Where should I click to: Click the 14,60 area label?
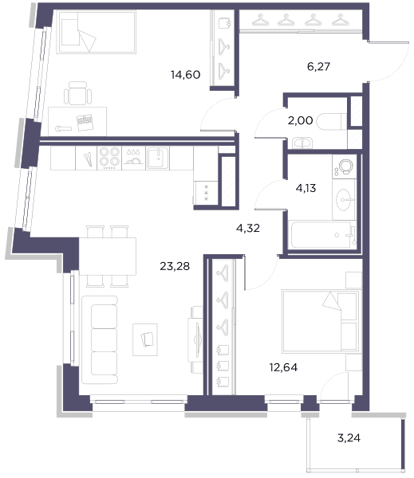[x=185, y=75]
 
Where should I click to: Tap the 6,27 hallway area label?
[x=318, y=66]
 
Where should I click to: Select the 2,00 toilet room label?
[x=300, y=121]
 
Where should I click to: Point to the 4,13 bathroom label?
[x=306, y=188]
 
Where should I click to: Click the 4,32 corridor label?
[x=248, y=228]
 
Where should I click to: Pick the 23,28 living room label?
[x=175, y=266]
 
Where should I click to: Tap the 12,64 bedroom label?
[x=283, y=367]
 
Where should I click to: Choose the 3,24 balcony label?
[x=349, y=438]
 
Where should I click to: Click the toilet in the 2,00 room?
[x=332, y=122]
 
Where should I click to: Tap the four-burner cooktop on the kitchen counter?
[x=109, y=158]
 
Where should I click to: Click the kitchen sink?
[x=157, y=158]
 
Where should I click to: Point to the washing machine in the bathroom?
[x=345, y=167]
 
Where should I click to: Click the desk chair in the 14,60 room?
[x=78, y=93]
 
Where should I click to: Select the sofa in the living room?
[x=100, y=339]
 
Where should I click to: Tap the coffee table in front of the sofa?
[x=145, y=339]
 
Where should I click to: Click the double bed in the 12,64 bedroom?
[x=320, y=321]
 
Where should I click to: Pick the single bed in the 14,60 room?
[x=97, y=33]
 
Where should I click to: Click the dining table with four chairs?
[x=107, y=257]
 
